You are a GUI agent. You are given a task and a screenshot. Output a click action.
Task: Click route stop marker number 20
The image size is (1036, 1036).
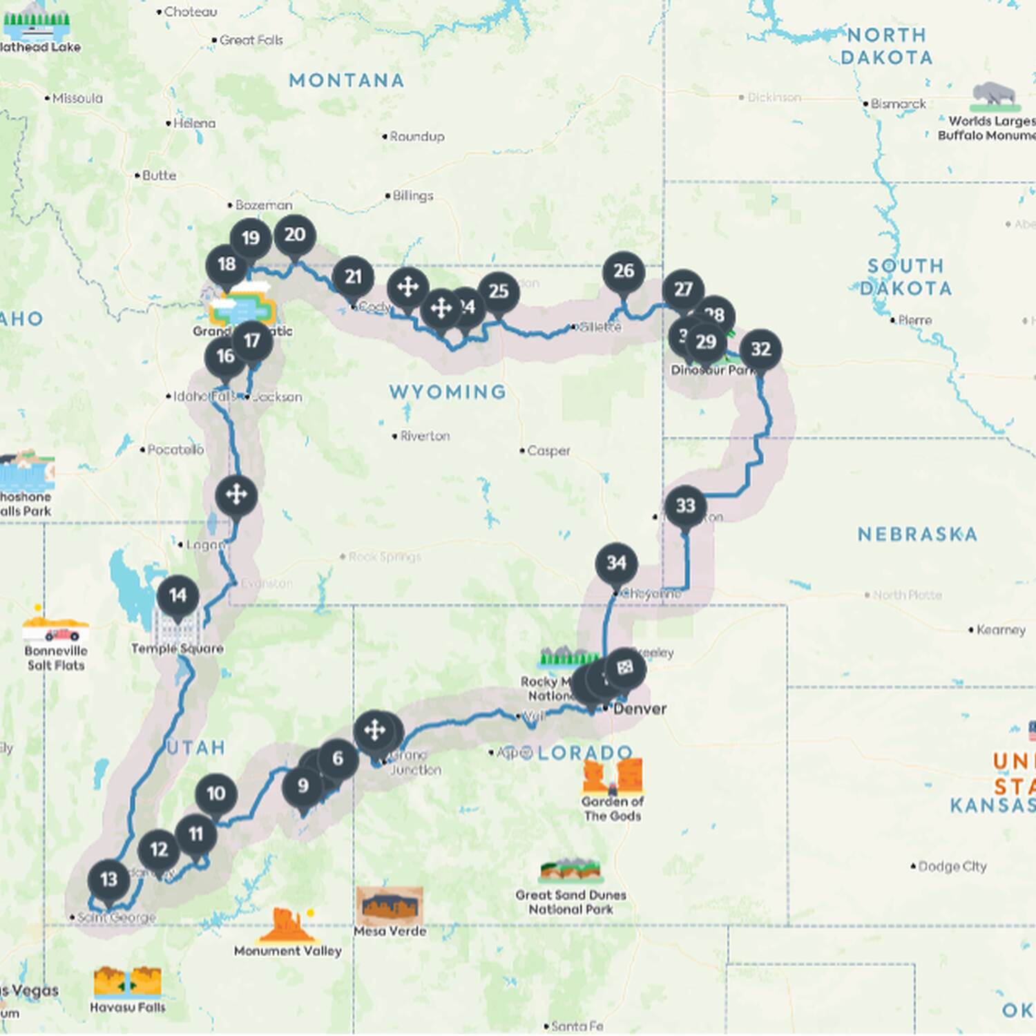point(295,236)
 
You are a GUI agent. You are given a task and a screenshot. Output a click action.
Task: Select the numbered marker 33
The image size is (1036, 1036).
point(685,506)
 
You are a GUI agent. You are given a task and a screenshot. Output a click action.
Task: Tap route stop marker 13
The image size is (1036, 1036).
point(108,880)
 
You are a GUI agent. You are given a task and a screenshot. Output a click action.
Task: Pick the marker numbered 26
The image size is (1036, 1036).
point(624,271)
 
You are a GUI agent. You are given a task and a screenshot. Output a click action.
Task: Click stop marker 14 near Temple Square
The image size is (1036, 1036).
point(178,596)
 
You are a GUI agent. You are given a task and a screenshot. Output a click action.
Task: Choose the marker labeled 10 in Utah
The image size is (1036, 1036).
point(215,794)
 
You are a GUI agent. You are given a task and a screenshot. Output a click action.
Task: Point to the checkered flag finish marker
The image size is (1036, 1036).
point(625,667)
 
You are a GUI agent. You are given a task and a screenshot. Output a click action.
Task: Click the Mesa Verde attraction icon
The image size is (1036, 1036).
point(390,905)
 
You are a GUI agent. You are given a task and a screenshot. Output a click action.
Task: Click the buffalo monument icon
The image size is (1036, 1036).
point(994,97)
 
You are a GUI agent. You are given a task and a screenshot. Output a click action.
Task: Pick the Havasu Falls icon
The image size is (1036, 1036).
point(128,982)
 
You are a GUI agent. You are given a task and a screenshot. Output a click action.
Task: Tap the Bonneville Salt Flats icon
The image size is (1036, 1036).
point(55,629)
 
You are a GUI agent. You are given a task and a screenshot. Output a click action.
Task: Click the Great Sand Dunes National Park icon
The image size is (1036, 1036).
point(570,871)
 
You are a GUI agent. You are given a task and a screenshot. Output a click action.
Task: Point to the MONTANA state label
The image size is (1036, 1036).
point(346,81)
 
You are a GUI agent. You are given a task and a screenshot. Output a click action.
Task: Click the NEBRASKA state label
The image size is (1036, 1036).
point(917,534)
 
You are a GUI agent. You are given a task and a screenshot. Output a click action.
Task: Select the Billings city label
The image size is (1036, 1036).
point(412,196)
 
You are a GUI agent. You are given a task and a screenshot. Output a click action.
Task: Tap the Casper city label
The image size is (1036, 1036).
point(548,451)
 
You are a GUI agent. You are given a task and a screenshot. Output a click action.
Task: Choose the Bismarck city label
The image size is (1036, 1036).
point(898,104)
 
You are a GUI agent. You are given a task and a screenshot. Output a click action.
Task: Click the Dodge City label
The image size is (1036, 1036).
point(952,866)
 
